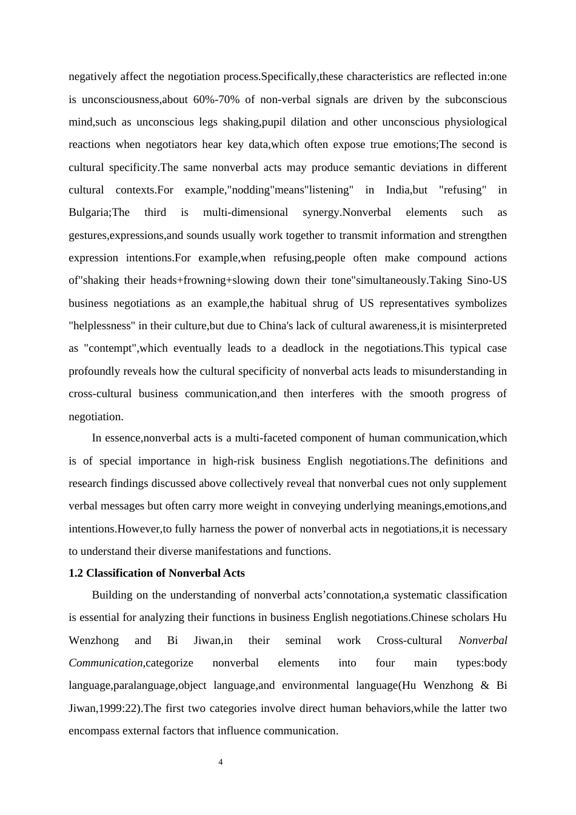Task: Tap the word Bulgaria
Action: [x=89, y=212]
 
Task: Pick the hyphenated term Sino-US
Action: [x=487, y=280]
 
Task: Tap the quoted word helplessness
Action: [x=102, y=326]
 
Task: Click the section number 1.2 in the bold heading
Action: [x=76, y=573]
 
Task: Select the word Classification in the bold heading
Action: [x=125, y=573]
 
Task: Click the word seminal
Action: [x=303, y=640]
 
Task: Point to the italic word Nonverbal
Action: [x=483, y=640]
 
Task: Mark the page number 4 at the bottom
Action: [x=221, y=762]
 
